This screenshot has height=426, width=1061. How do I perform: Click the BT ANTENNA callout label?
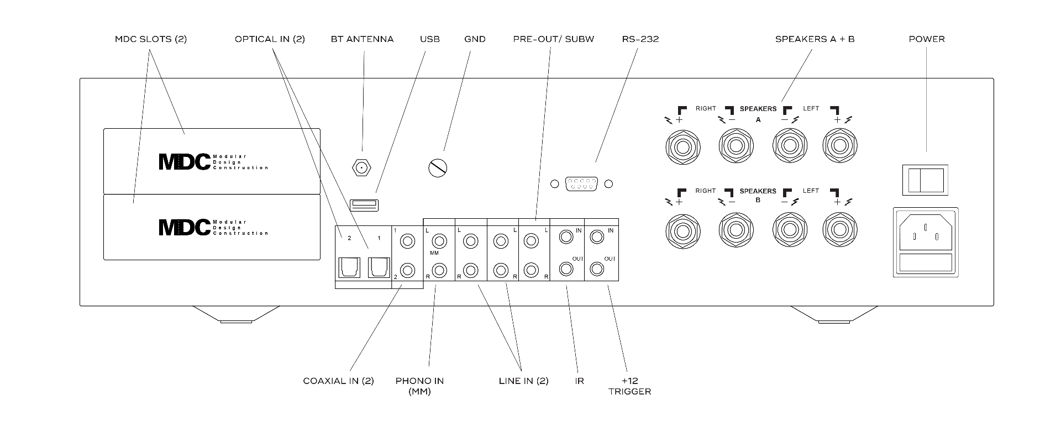click(362, 39)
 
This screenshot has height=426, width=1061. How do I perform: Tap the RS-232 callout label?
click(640, 39)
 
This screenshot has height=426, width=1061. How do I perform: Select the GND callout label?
click(475, 39)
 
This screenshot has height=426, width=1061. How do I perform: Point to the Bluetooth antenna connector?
click(361, 167)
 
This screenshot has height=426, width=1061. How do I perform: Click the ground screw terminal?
click(438, 167)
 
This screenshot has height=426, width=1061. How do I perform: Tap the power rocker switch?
click(925, 180)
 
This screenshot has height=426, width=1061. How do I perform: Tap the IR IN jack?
click(566, 238)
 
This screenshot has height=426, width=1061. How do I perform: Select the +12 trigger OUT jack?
click(596, 270)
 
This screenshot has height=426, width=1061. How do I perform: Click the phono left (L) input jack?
click(440, 241)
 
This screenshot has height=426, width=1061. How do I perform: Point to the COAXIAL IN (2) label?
click(338, 381)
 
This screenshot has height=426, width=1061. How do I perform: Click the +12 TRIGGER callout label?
click(629, 386)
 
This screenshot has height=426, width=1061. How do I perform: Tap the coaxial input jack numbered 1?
click(408, 241)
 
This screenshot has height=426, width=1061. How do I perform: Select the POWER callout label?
click(927, 39)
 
